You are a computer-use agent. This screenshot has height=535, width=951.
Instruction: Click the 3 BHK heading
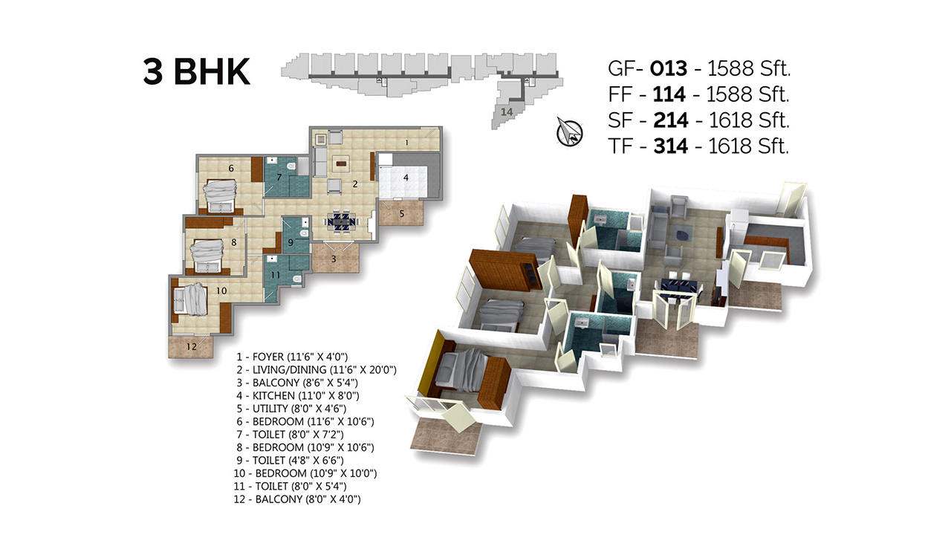click(197, 72)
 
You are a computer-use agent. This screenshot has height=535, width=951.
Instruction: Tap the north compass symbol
click(569, 132)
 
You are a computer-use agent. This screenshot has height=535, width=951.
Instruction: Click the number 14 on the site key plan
click(507, 112)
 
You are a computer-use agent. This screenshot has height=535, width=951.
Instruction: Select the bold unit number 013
click(668, 68)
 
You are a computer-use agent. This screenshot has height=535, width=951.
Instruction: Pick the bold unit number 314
click(671, 146)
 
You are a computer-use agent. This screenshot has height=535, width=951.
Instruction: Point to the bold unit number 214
click(671, 120)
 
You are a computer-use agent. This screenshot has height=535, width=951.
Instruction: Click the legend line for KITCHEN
click(298, 396)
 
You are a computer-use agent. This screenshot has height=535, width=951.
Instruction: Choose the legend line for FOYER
click(292, 357)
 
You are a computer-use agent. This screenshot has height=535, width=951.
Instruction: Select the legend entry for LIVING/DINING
click(317, 370)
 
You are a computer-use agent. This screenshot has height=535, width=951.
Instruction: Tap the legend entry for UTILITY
click(291, 409)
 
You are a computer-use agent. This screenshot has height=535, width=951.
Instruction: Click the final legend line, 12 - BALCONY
click(297, 499)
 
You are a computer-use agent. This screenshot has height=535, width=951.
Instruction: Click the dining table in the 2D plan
click(341, 221)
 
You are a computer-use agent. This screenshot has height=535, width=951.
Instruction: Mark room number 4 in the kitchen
click(406, 178)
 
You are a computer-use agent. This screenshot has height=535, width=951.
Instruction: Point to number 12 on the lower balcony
click(192, 346)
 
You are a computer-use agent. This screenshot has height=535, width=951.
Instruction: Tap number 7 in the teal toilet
click(279, 177)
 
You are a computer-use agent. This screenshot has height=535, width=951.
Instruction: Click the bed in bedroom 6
click(220, 195)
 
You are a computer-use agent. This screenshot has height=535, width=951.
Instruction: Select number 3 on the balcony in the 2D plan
click(334, 259)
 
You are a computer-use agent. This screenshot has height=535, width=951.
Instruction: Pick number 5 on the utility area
click(402, 213)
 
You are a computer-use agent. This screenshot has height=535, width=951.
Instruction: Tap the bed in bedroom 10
click(190, 299)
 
